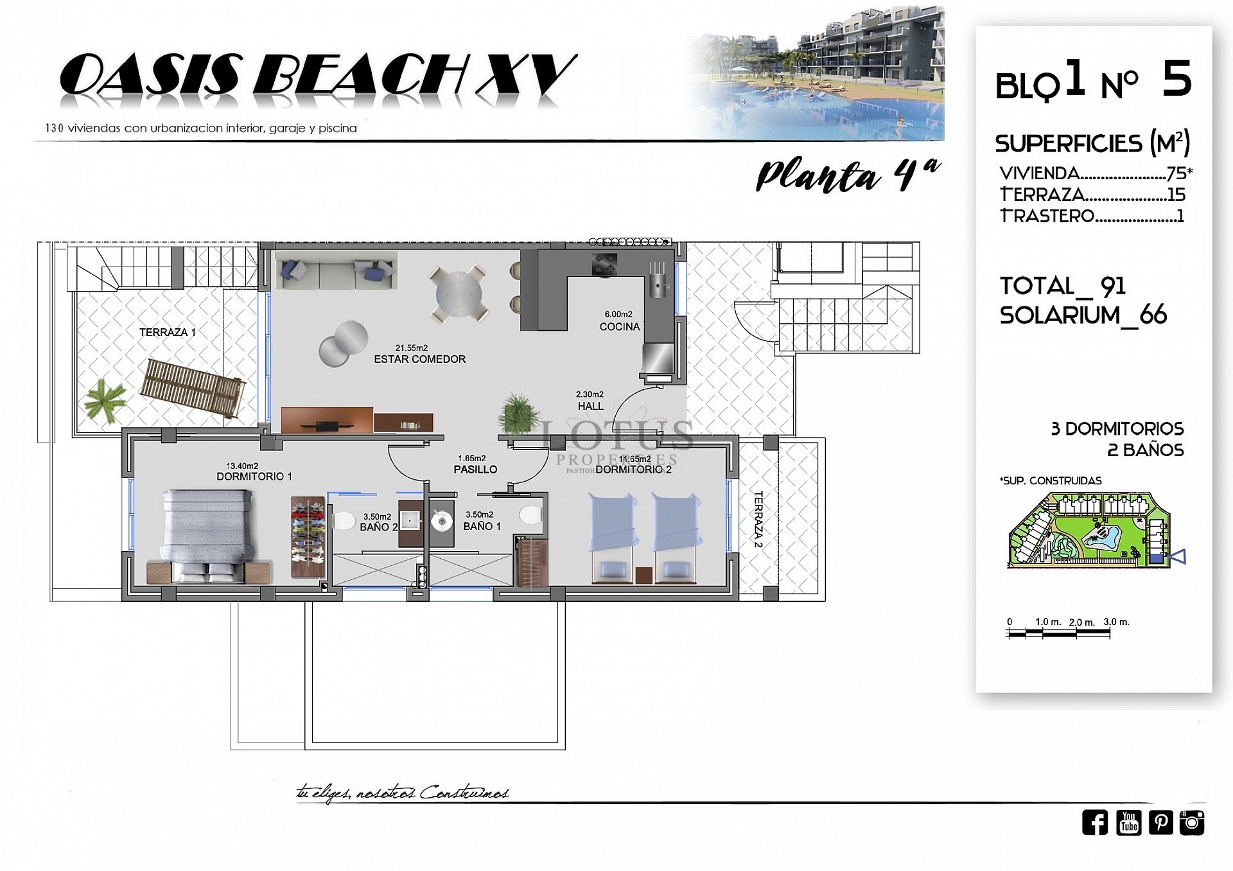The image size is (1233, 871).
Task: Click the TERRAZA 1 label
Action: coord(167,332)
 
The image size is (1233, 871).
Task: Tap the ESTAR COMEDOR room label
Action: coord(419,359)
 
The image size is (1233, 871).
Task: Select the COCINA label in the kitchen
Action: coord(619,326)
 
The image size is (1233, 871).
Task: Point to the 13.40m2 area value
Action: coord(242,466)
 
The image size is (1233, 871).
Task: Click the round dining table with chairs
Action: coord(459,295)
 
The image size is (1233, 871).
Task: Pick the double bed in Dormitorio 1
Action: coord(207,535)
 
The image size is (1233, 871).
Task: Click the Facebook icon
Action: coord(1094,822)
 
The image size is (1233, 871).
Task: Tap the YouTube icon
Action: coord(1128,822)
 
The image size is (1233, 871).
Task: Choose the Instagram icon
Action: coord(1192,822)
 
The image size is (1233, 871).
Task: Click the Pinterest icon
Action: coord(1160,822)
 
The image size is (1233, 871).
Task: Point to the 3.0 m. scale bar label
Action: coord(1115,622)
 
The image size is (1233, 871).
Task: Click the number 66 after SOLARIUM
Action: coord(1153,315)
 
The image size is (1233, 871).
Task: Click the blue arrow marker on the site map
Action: coord(1178,558)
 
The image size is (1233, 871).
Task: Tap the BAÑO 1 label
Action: coord(482,526)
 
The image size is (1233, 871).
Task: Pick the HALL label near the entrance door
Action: coord(590,406)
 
